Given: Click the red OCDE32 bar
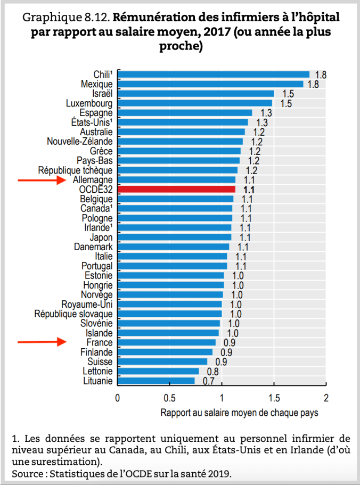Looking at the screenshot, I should [176, 189].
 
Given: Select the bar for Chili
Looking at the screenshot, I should [214, 74].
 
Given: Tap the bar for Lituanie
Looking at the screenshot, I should [156, 381].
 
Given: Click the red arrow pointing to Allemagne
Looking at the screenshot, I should [40, 180].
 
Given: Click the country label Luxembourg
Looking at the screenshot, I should [89, 103].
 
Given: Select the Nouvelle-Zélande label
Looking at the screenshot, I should [80, 141].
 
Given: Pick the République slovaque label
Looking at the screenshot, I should [73, 314].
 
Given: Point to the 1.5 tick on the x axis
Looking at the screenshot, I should [274, 398].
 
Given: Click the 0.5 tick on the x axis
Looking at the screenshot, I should [169, 398].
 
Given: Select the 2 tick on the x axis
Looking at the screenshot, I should [326, 398].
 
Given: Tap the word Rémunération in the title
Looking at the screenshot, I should [151, 18].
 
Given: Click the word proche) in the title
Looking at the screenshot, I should [180, 46].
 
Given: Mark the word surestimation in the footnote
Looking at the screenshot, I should [64, 459].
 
